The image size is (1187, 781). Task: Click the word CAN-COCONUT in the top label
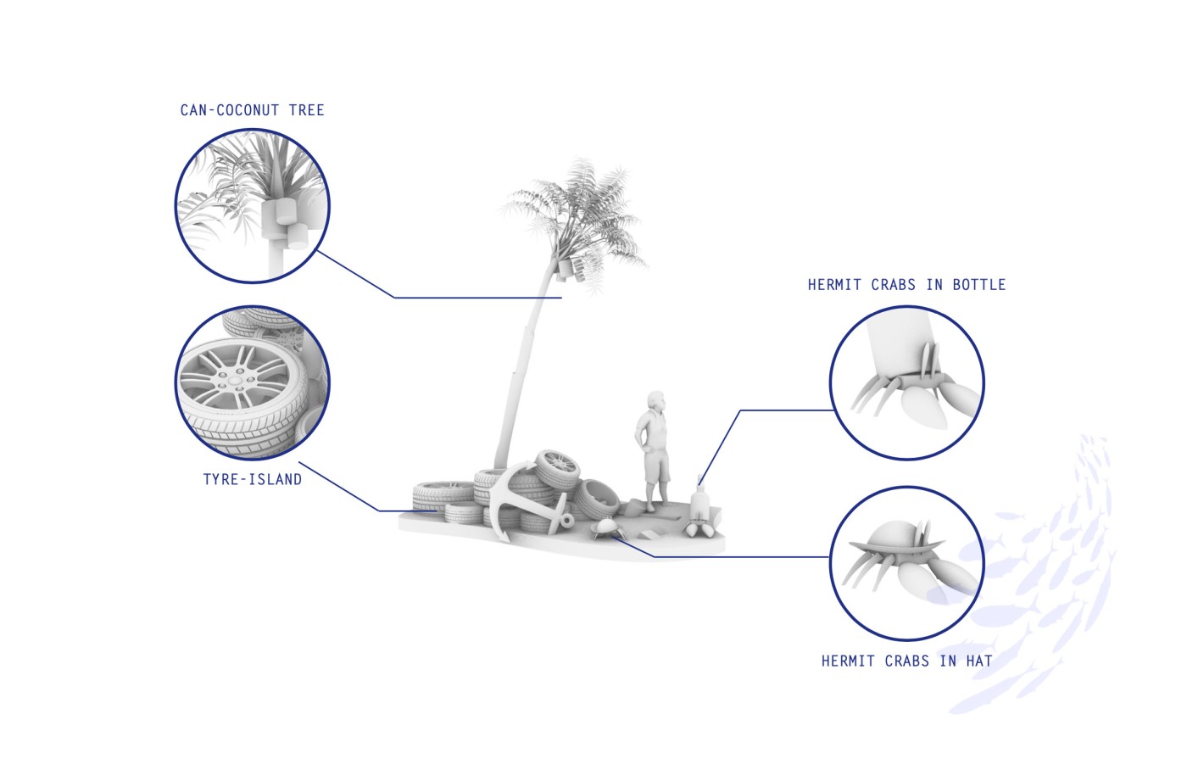[230, 110]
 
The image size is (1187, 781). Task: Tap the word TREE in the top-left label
[306, 110]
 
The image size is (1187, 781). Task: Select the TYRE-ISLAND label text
[253, 479]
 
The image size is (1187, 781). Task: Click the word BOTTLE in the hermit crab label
[978, 285]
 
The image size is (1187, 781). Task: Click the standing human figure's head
[656, 400]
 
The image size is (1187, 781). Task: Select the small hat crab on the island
[604, 527]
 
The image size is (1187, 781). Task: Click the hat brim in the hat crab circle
[895, 546]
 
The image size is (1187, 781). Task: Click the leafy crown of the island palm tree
[575, 217]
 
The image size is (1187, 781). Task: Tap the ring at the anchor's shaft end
[566, 521]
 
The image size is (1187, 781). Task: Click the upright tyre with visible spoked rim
[558, 469]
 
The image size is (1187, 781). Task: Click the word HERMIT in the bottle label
[834, 285]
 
